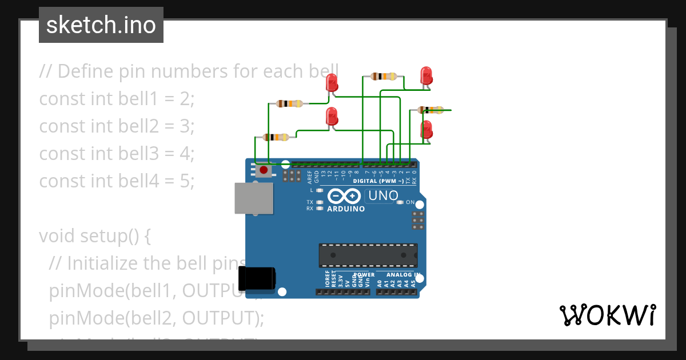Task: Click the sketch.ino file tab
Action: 101,25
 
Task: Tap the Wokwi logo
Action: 607,315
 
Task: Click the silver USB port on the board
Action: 254,198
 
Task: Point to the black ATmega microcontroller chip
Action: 368,255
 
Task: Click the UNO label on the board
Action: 382,196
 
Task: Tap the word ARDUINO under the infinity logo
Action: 346,209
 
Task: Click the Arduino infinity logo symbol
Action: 344,197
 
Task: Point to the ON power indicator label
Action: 410,202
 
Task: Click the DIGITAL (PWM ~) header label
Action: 378,181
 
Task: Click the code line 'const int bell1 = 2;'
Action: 117,98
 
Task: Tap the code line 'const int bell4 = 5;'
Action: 117,181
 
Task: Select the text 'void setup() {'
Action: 95,235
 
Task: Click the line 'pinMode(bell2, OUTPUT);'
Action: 157,318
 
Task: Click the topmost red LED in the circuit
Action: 426,75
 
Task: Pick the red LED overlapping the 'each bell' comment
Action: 332,83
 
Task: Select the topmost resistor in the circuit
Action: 384,76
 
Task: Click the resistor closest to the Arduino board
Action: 276,137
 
